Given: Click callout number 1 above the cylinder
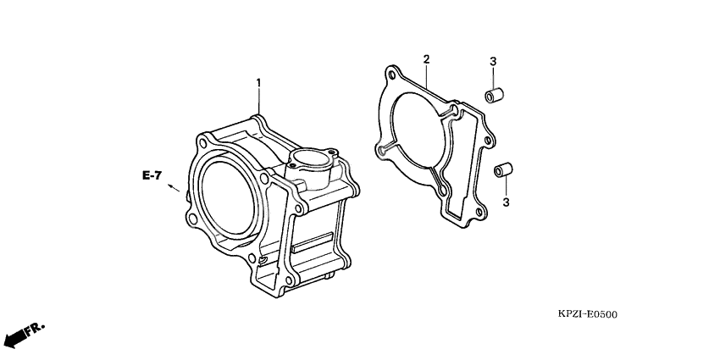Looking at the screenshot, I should tap(258, 83).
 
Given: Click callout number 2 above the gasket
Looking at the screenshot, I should tap(426, 58).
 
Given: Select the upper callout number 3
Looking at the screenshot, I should tap(492, 62).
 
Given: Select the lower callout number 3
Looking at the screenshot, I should tap(506, 202).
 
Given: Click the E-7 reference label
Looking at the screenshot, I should tap(152, 175).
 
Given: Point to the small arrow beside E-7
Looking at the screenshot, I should tap(174, 188).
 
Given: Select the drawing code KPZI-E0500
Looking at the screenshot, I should tap(587, 314).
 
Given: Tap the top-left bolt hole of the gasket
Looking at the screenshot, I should tap(390, 71).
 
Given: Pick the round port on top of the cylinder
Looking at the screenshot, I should tap(311, 158).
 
